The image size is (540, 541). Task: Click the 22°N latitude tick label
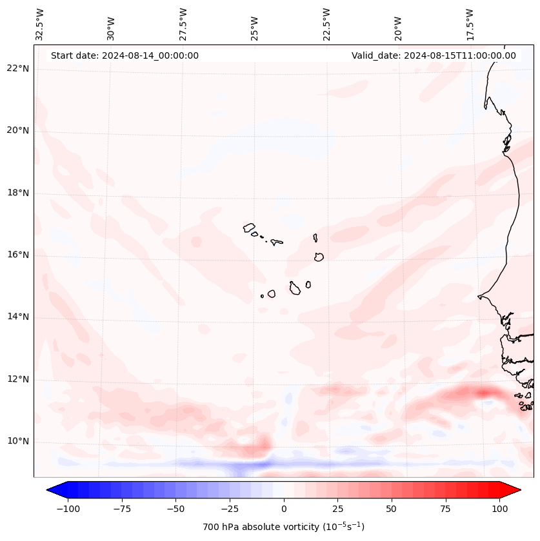(x=17, y=68)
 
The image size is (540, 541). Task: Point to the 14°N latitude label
(x=17, y=317)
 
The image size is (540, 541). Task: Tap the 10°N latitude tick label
(x=17, y=441)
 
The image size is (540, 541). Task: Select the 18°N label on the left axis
(x=17, y=193)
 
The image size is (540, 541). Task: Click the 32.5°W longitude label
(x=40, y=24)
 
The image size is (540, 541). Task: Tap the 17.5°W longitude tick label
(x=469, y=24)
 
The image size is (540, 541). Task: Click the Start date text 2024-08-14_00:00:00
(x=125, y=55)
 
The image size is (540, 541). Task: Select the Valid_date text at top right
(x=434, y=55)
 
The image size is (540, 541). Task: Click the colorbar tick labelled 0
(x=284, y=509)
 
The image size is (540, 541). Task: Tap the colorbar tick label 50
(x=391, y=509)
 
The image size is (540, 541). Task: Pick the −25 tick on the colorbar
(x=230, y=509)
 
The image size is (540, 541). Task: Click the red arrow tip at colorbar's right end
(x=514, y=490)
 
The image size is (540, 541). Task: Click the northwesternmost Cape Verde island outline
(x=249, y=227)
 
